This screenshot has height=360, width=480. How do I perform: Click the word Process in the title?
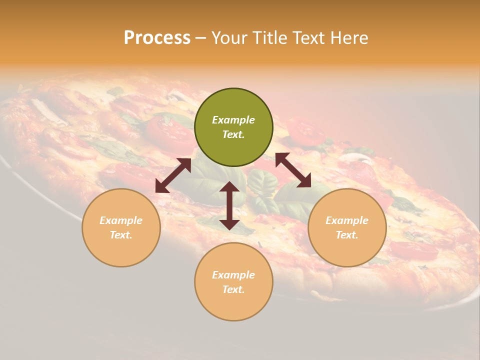click(157, 38)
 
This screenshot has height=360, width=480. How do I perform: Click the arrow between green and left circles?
click(173, 175)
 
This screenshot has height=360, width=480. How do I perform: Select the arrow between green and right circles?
click(293, 170)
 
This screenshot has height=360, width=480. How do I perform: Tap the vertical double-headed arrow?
click(229, 205)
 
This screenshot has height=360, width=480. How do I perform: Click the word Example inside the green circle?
click(233, 120)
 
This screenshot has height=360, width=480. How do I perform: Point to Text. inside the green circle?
click(233, 134)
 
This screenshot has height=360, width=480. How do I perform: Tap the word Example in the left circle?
click(121, 220)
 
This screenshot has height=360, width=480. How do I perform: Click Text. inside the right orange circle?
click(347, 235)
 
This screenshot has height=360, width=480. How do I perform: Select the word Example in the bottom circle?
click(233, 275)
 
